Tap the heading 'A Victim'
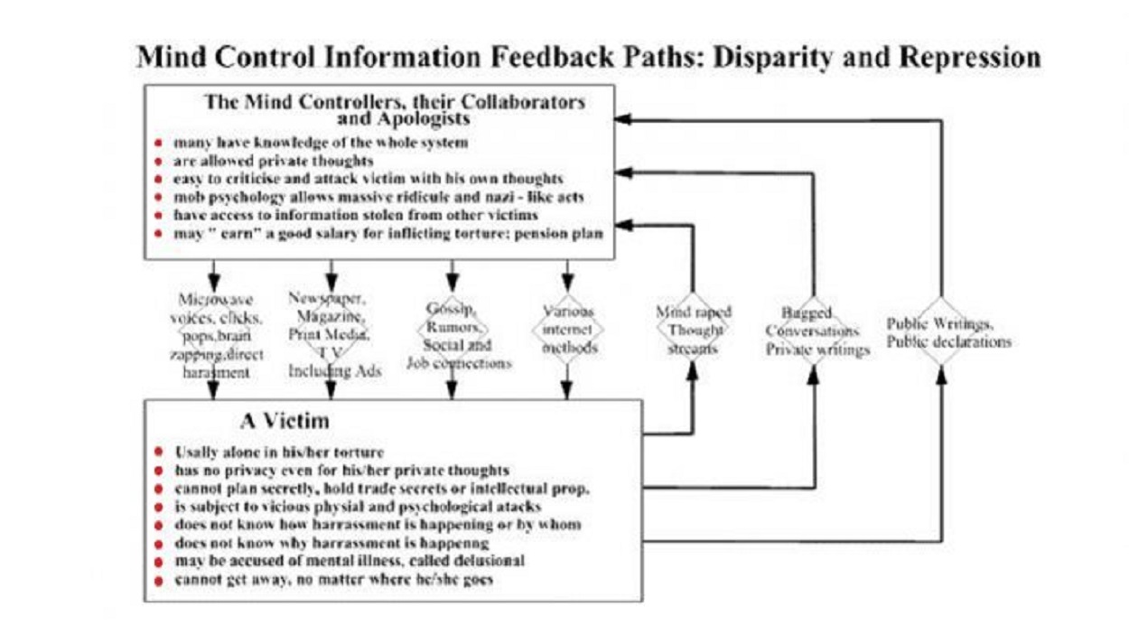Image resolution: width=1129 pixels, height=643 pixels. (x=285, y=420)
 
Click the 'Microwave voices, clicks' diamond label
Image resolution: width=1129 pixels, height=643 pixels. (x=216, y=335)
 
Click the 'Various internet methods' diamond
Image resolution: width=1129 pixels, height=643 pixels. (x=567, y=330)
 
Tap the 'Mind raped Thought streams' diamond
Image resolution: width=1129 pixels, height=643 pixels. (x=693, y=331)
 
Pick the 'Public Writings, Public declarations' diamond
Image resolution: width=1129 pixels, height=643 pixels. (x=942, y=331)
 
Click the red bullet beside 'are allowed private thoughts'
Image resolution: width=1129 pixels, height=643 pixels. (x=159, y=161)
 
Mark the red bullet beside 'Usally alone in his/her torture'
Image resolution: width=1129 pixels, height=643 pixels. (x=159, y=452)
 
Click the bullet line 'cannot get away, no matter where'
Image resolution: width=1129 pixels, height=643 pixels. (x=334, y=579)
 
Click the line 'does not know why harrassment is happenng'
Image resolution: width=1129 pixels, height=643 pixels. (x=332, y=543)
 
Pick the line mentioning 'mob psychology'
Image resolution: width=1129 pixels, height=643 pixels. (x=378, y=197)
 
